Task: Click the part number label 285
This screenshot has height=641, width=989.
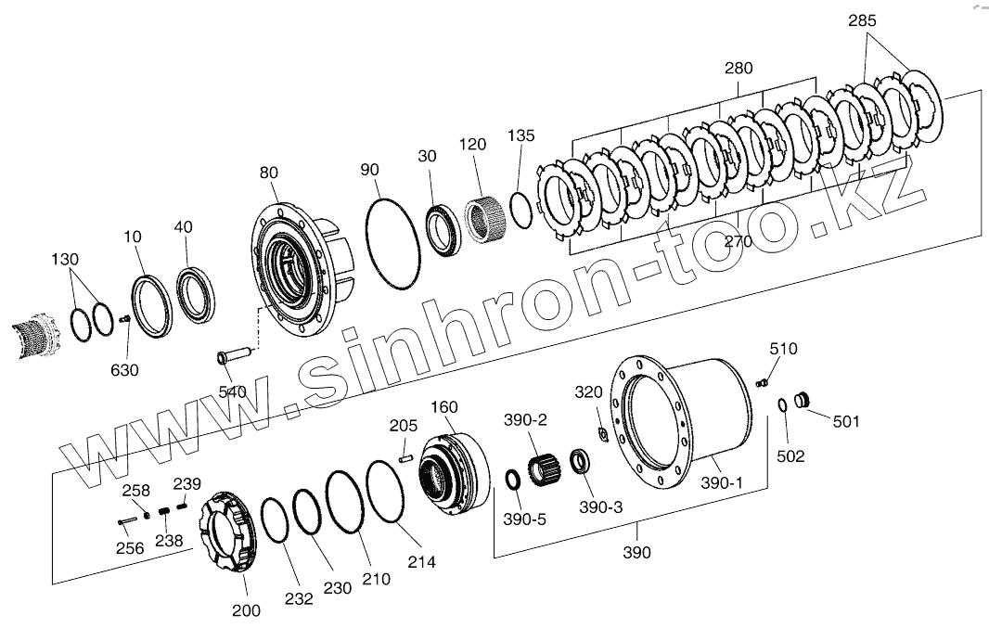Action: click(x=862, y=20)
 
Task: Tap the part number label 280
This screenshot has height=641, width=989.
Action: click(x=739, y=68)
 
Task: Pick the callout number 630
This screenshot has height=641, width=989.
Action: click(x=124, y=370)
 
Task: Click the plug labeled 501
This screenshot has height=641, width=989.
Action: click(x=801, y=400)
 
